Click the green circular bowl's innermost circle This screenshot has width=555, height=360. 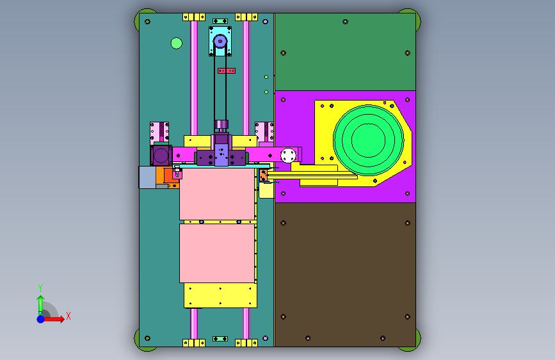click(368, 140)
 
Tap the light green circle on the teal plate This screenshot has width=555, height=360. click(176, 43)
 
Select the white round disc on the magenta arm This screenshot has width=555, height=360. click(288, 156)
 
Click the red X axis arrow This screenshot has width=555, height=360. click(54, 319)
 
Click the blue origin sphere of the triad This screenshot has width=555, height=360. click(41, 319)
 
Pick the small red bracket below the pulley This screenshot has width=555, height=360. click(227, 70)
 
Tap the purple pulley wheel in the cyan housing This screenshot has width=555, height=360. click(220, 42)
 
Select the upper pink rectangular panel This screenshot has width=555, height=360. click(216, 194)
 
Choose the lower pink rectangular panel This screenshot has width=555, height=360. click(216, 254)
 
